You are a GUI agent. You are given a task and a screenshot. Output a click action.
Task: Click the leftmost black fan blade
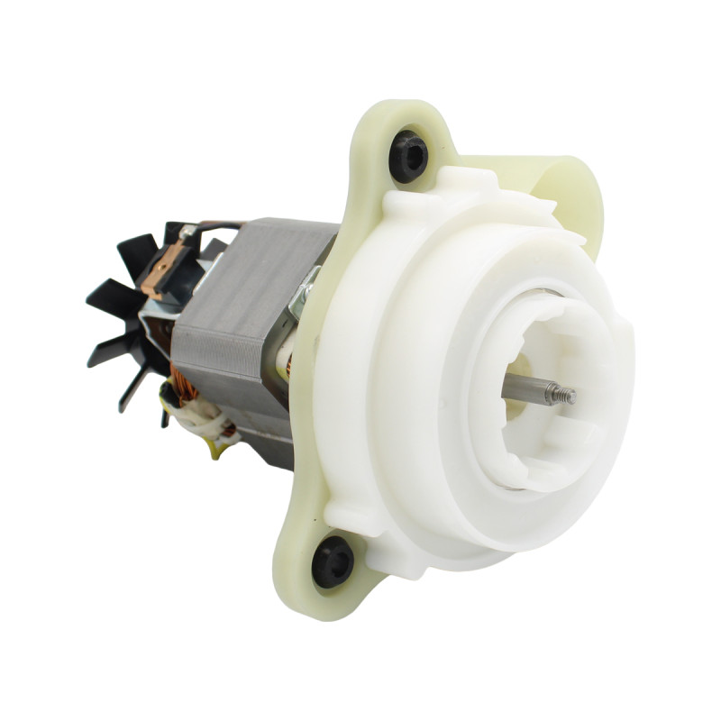pyautogui.click(x=104, y=297)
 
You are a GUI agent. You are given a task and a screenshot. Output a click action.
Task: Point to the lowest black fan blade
pyautogui.click(x=135, y=388)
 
